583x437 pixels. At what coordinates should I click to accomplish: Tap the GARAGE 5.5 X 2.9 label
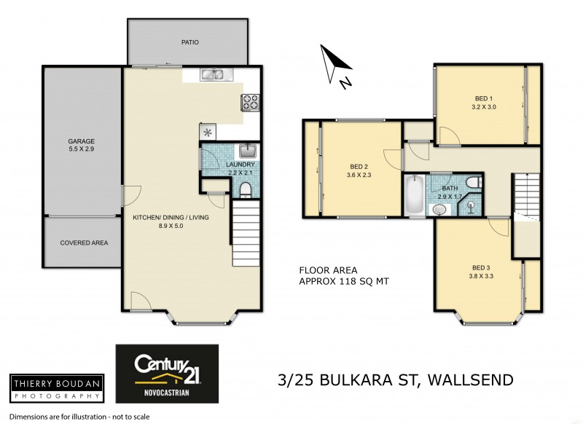click(82, 145)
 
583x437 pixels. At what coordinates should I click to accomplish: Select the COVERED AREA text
click(84, 243)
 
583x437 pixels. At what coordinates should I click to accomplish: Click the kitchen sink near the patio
click(213, 74)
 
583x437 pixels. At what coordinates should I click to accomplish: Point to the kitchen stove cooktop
click(251, 103)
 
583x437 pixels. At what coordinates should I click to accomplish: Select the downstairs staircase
click(246, 234)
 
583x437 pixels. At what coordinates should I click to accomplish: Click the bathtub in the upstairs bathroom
click(413, 194)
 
